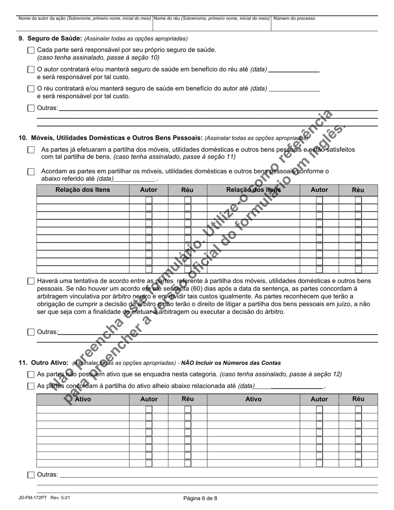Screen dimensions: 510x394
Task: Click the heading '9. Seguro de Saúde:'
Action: (50, 39)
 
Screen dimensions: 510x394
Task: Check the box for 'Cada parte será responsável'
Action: (31, 50)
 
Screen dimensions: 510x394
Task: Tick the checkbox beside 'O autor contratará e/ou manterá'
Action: (31, 70)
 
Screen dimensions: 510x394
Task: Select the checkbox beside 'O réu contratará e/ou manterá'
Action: (31, 89)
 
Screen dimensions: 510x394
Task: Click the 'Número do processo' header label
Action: (294, 18)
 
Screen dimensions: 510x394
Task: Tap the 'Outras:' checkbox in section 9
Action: (31, 108)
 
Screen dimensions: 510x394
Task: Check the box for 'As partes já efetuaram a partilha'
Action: (31, 150)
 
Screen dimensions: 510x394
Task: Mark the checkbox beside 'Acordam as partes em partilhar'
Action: (31, 172)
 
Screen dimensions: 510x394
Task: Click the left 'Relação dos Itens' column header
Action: (83, 190)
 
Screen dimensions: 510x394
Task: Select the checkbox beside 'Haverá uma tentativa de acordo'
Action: (31, 281)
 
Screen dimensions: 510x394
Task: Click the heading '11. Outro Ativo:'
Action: (44, 363)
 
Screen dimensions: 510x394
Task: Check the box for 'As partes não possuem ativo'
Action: (31, 374)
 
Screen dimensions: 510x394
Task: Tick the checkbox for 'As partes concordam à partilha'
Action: (31, 386)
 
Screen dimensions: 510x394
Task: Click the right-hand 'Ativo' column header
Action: (253, 399)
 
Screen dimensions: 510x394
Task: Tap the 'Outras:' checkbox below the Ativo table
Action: (31, 475)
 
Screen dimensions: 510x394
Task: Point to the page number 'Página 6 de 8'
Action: (200, 498)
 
